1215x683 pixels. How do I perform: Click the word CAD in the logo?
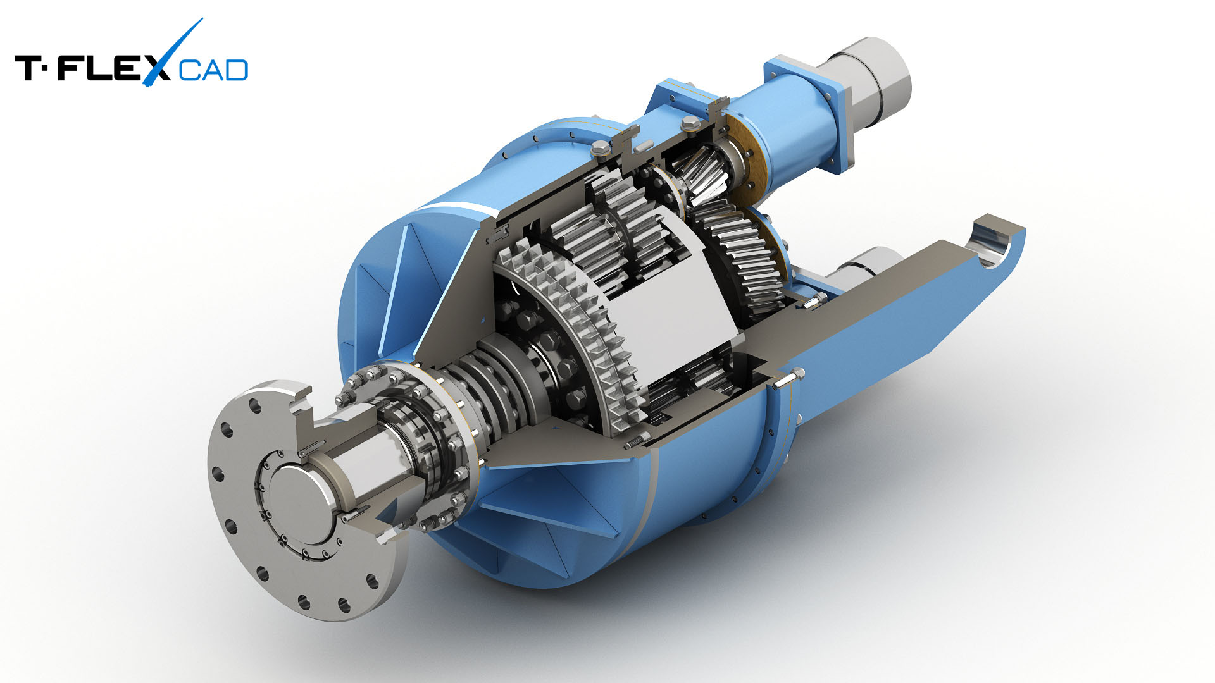click(213, 70)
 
